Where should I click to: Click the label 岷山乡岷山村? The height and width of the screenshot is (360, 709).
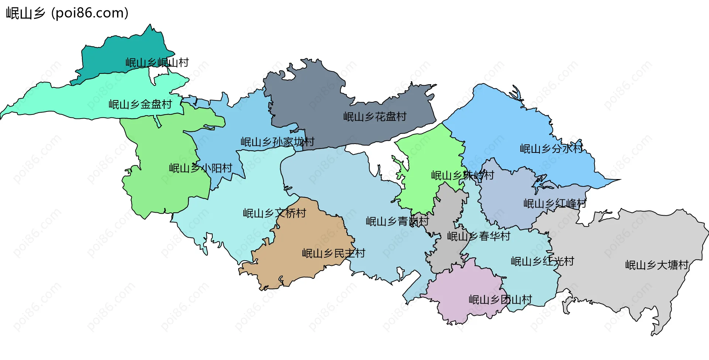tap(157, 63)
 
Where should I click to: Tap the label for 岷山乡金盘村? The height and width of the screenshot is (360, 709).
tap(140, 104)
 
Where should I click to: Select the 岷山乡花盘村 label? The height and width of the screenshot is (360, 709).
tap(375, 117)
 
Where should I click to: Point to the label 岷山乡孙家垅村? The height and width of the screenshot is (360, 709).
tap(277, 142)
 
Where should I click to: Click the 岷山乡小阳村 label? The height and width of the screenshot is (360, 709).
tap(201, 168)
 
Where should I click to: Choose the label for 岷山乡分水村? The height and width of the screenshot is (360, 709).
tap(551, 149)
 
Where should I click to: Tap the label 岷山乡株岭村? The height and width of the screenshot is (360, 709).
tap(462, 175)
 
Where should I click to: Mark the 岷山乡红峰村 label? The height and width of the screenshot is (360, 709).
tap(555, 203)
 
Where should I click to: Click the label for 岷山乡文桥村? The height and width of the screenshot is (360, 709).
tap(274, 213)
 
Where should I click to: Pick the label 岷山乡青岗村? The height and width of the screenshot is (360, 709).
tap(397, 222)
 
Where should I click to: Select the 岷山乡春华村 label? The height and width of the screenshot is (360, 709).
tap(479, 236)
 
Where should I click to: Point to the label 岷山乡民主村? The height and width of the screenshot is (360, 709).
tap(333, 253)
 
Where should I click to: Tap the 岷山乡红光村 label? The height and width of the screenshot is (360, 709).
tap(542, 261)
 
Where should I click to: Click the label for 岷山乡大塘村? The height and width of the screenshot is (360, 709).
tap(657, 265)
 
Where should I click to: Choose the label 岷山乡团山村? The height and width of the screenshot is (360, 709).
tap(500, 300)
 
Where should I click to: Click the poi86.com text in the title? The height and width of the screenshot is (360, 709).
tap(90, 13)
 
